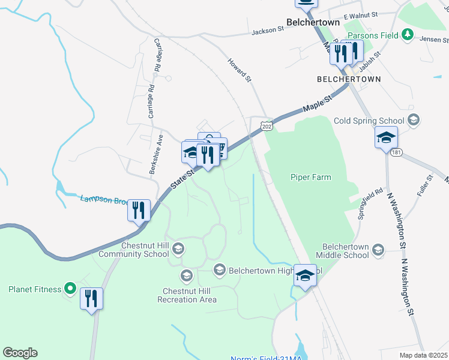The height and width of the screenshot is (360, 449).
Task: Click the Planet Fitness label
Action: pyautogui.click(x=34, y=289)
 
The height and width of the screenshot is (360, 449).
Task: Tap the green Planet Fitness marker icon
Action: pyautogui.click(x=70, y=289)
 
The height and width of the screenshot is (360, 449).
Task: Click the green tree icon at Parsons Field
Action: pyautogui.click(x=408, y=34)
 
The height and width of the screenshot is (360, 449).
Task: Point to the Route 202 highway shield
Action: pyautogui.click(x=267, y=125)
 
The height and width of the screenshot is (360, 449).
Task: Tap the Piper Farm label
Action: pyautogui.click(x=310, y=177)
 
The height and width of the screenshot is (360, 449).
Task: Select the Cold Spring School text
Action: pyautogui.click(x=371, y=120)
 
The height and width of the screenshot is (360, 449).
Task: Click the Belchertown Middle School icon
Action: pyautogui.click(x=378, y=249)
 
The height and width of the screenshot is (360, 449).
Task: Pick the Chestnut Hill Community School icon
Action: pyautogui.click(x=178, y=248)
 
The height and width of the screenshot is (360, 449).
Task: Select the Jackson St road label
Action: pyautogui.click(x=268, y=30)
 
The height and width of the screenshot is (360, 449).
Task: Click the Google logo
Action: pyautogui.click(x=20, y=353)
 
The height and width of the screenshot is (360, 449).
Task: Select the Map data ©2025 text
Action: pyautogui.click(x=423, y=355)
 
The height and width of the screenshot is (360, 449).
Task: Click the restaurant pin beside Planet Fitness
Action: pyautogui.click(x=91, y=298)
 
